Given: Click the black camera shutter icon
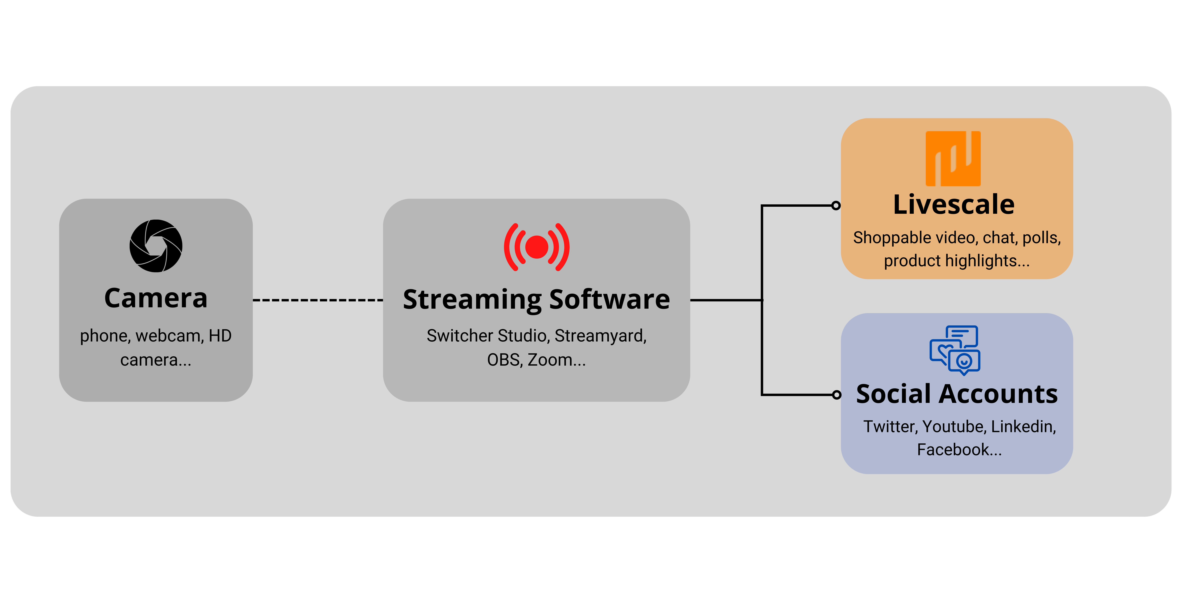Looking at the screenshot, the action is (x=156, y=246).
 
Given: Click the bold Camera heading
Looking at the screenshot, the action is (x=156, y=298).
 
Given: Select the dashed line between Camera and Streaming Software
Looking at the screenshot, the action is (x=318, y=300).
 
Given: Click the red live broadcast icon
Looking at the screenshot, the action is (x=536, y=247).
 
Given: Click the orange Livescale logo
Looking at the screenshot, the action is (x=953, y=159).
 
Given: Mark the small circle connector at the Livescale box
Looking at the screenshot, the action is (x=836, y=206).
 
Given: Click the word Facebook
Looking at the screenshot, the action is (x=953, y=450).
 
